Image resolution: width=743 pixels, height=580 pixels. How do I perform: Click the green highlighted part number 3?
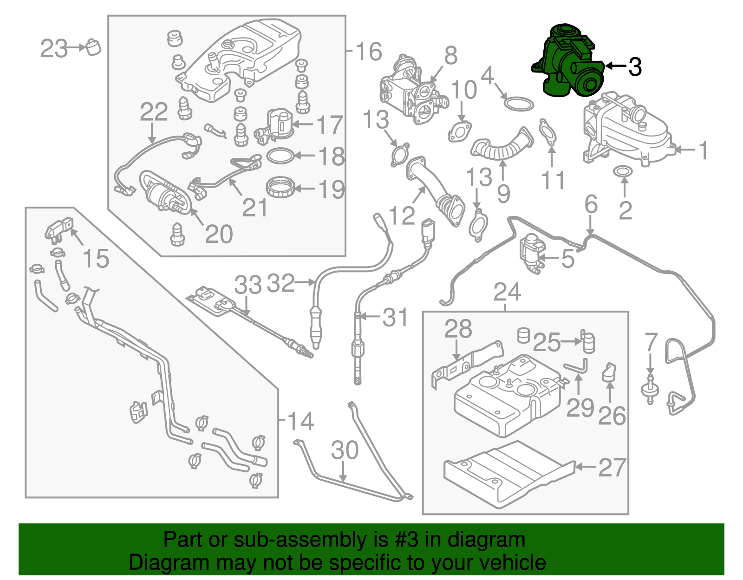(x=569, y=63)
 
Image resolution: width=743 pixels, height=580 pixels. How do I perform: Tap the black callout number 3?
(x=635, y=67)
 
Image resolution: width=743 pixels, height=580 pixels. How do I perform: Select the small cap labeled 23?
(x=93, y=47)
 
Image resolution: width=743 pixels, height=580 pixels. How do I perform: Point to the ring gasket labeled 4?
(x=518, y=104)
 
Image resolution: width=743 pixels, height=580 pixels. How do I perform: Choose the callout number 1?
(x=703, y=150)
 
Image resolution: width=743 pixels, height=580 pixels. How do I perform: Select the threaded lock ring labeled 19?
(x=280, y=188)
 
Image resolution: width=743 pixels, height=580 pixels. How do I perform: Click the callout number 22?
(x=154, y=112)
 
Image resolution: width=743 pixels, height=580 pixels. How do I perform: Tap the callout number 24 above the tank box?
(x=507, y=292)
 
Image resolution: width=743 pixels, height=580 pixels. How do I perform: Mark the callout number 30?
(x=345, y=450)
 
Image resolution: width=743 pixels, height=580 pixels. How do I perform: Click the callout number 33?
(x=248, y=285)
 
